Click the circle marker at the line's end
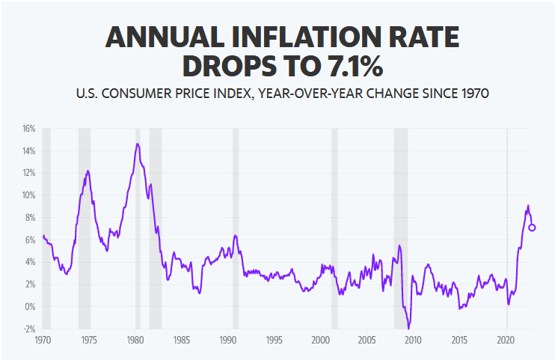532,228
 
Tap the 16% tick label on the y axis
28,129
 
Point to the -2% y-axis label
28,329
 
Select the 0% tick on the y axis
30,306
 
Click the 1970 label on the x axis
43,339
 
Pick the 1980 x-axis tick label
135,339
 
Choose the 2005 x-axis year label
367,339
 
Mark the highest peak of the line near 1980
137,144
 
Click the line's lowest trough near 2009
408,327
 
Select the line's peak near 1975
88,171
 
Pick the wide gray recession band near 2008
401,225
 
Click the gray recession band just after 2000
334,225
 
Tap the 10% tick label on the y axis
28,195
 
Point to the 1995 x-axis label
275,339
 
